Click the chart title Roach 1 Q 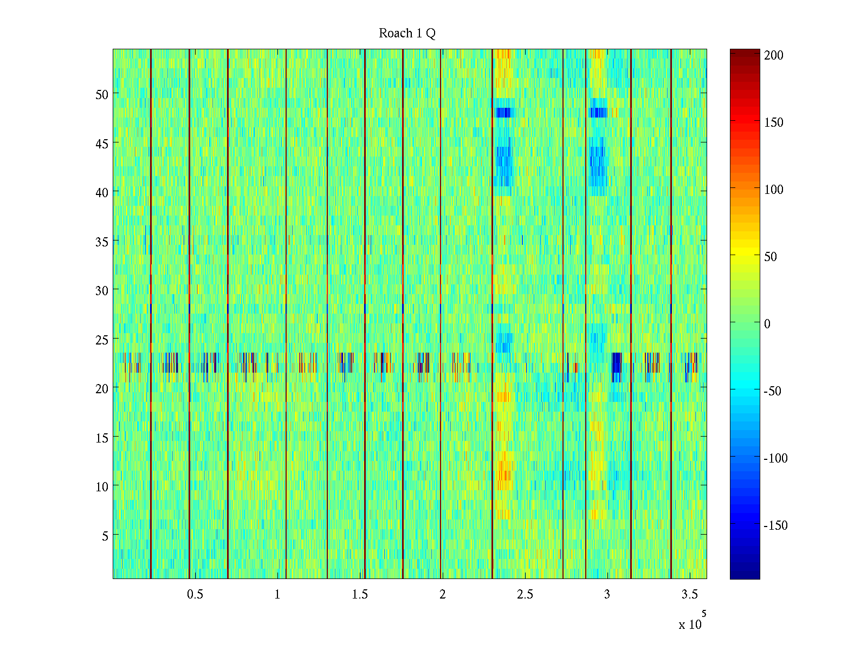pyautogui.click(x=407, y=34)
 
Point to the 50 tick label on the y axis pyautogui.click(x=102, y=94)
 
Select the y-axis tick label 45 pyautogui.click(x=102, y=144)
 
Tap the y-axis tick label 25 pyautogui.click(x=102, y=340)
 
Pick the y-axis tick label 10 pyautogui.click(x=102, y=486)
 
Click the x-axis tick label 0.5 pyautogui.click(x=195, y=595)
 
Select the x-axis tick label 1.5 pyautogui.click(x=360, y=595)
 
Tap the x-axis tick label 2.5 pyautogui.click(x=525, y=595)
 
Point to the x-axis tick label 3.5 pyautogui.click(x=689, y=595)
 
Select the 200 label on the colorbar pyautogui.click(x=774, y=55)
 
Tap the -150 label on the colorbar pyautogui.click(x=775, y=525)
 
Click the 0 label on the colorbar pyautogui.click(x=767, y=324)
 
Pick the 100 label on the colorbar pyautogui.click(x=774, y=190)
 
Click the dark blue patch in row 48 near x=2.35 pyautogui.click(x=502, y=113)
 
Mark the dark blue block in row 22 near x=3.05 pyautogui.click(x=616, y=362)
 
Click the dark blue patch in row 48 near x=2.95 pyautogui.click(x=598, y=113)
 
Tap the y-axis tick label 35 pyautogui.click(x=102, y=242)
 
